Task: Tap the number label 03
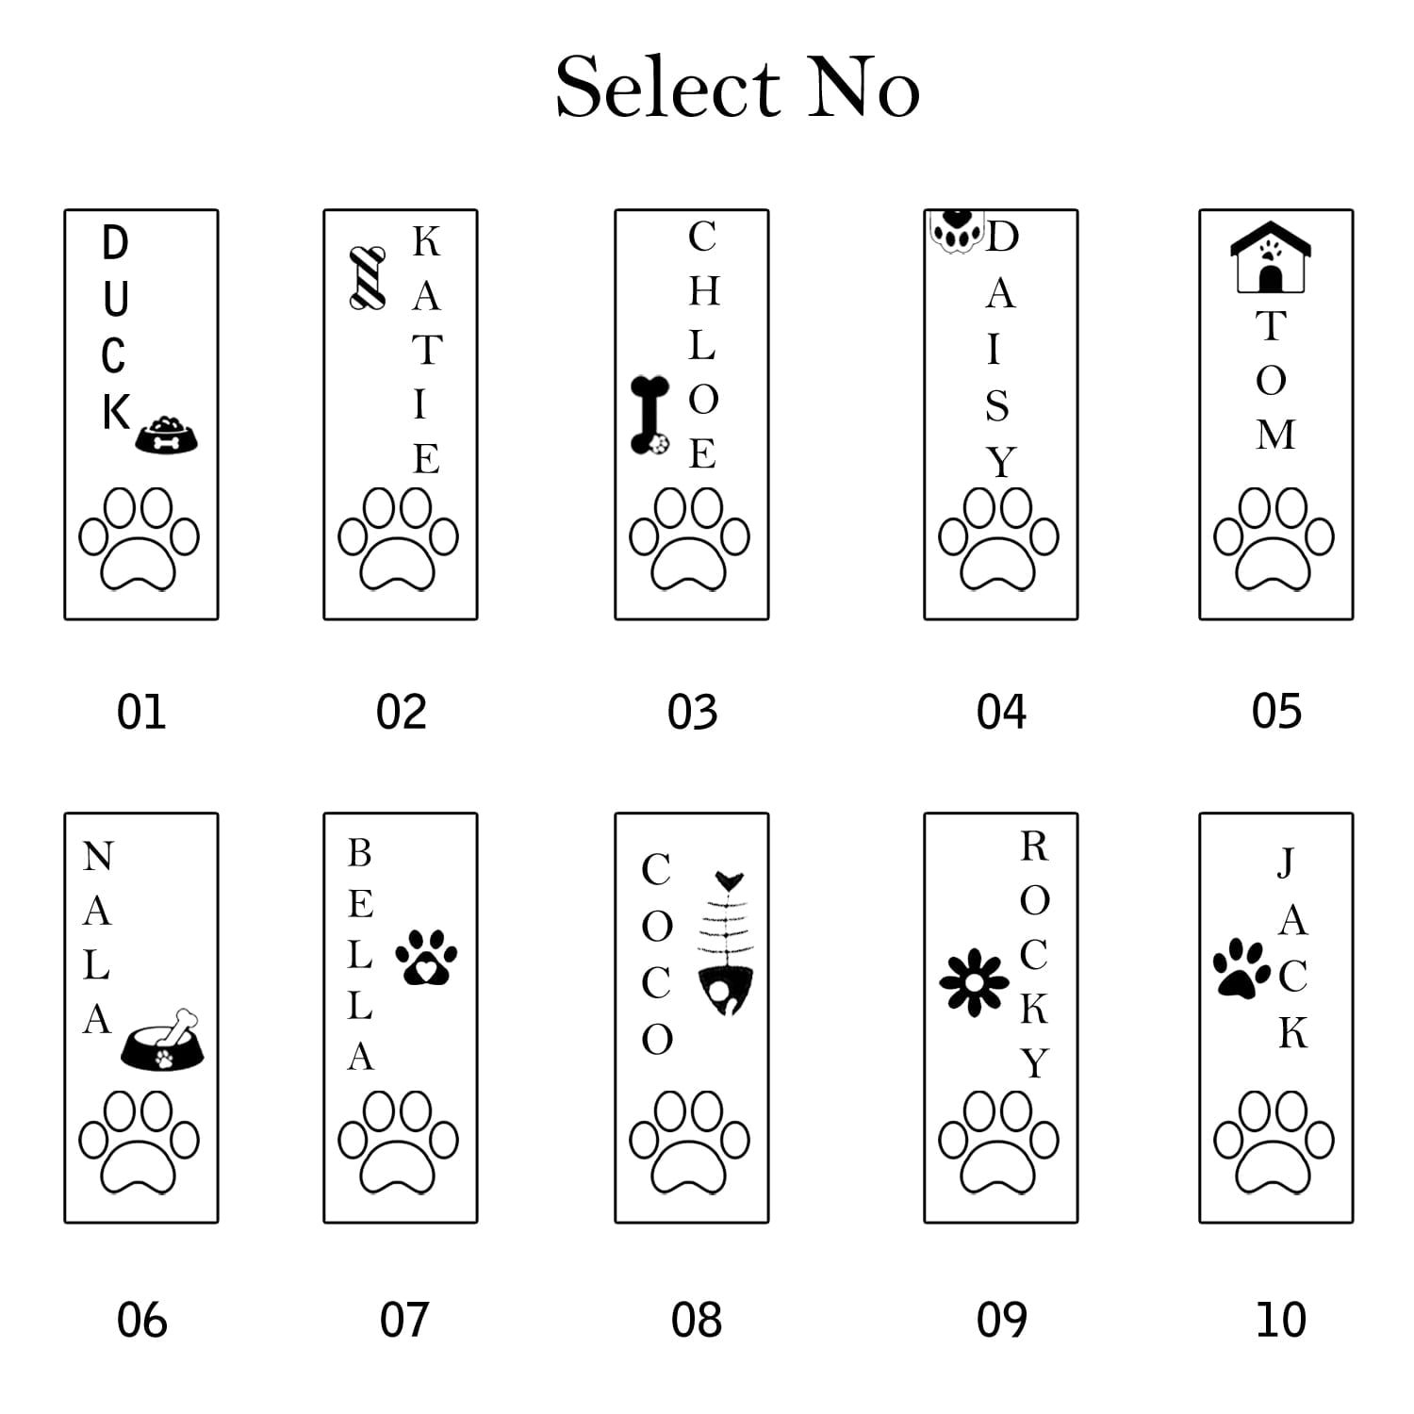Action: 692,712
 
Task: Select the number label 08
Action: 696,1320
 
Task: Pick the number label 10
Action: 1280,1320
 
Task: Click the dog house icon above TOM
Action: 1270,256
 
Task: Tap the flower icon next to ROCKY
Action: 974,983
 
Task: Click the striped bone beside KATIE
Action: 367,277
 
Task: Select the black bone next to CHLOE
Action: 649,415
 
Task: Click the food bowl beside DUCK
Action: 167,436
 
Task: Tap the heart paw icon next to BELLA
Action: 426,958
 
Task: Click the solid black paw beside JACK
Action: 1241,968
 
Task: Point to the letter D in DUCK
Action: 114,243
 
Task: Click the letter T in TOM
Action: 1270,326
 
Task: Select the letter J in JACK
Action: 1286,862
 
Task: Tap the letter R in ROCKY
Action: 1034,847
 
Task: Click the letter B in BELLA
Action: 359,853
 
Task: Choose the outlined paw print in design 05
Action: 1274,538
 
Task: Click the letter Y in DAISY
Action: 1001,462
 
